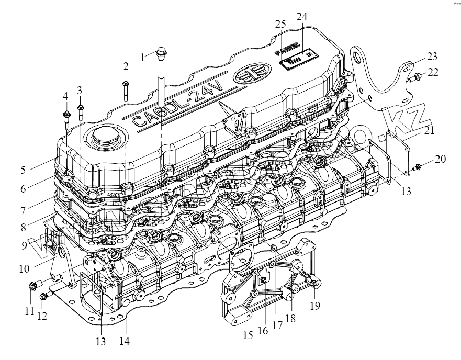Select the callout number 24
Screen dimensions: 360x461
[301, 17]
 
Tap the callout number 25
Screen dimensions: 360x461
[280, 25]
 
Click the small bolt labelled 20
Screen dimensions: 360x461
[417, 168]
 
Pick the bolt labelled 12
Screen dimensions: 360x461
[43, 297]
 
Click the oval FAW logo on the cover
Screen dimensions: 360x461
[249, 75]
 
